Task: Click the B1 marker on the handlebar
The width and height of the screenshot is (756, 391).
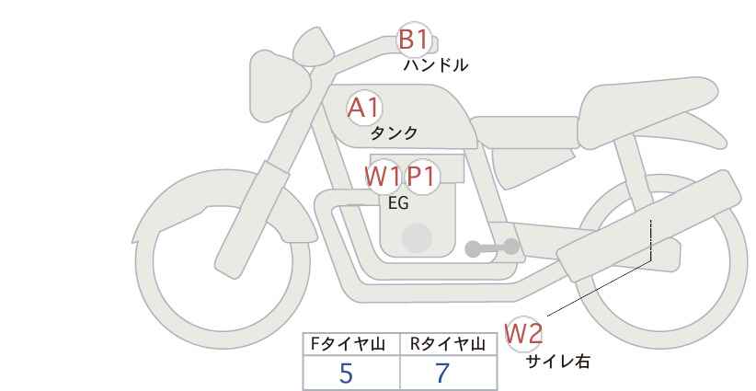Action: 413,39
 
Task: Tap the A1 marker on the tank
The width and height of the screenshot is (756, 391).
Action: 363,108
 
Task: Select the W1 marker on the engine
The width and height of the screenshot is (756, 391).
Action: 383,177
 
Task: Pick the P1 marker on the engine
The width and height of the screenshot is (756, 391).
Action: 421,177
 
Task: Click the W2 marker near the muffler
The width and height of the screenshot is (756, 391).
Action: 523,333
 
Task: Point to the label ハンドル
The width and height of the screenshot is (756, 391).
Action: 435,65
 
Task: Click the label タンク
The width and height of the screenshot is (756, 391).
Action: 394,133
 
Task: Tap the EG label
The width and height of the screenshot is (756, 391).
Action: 398,203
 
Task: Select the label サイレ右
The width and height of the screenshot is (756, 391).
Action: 557,362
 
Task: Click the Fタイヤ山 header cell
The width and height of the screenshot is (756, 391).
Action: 351,344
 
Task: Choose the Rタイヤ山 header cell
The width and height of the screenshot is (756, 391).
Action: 449,344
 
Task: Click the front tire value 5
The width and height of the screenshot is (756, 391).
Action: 346,373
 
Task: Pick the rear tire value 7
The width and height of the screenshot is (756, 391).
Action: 442,373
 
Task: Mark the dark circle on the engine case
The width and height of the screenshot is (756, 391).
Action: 417,238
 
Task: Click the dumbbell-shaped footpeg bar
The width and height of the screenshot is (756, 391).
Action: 492,247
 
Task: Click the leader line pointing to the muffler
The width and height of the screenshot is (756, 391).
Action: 600,288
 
